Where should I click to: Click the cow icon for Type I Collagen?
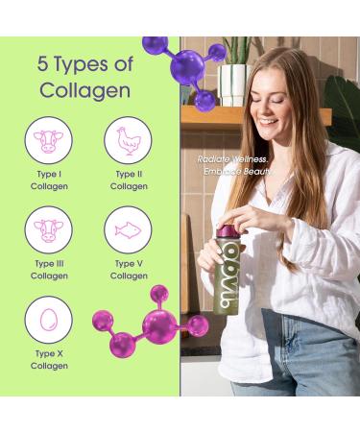48,141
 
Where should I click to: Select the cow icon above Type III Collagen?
48,230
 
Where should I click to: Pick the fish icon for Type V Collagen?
128,230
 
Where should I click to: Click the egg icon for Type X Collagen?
48,320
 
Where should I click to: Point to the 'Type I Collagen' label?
48,180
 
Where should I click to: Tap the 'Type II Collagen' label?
129,180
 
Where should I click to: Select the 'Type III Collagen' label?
48,270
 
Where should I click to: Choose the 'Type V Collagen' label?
129,270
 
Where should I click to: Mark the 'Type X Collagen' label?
48,359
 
